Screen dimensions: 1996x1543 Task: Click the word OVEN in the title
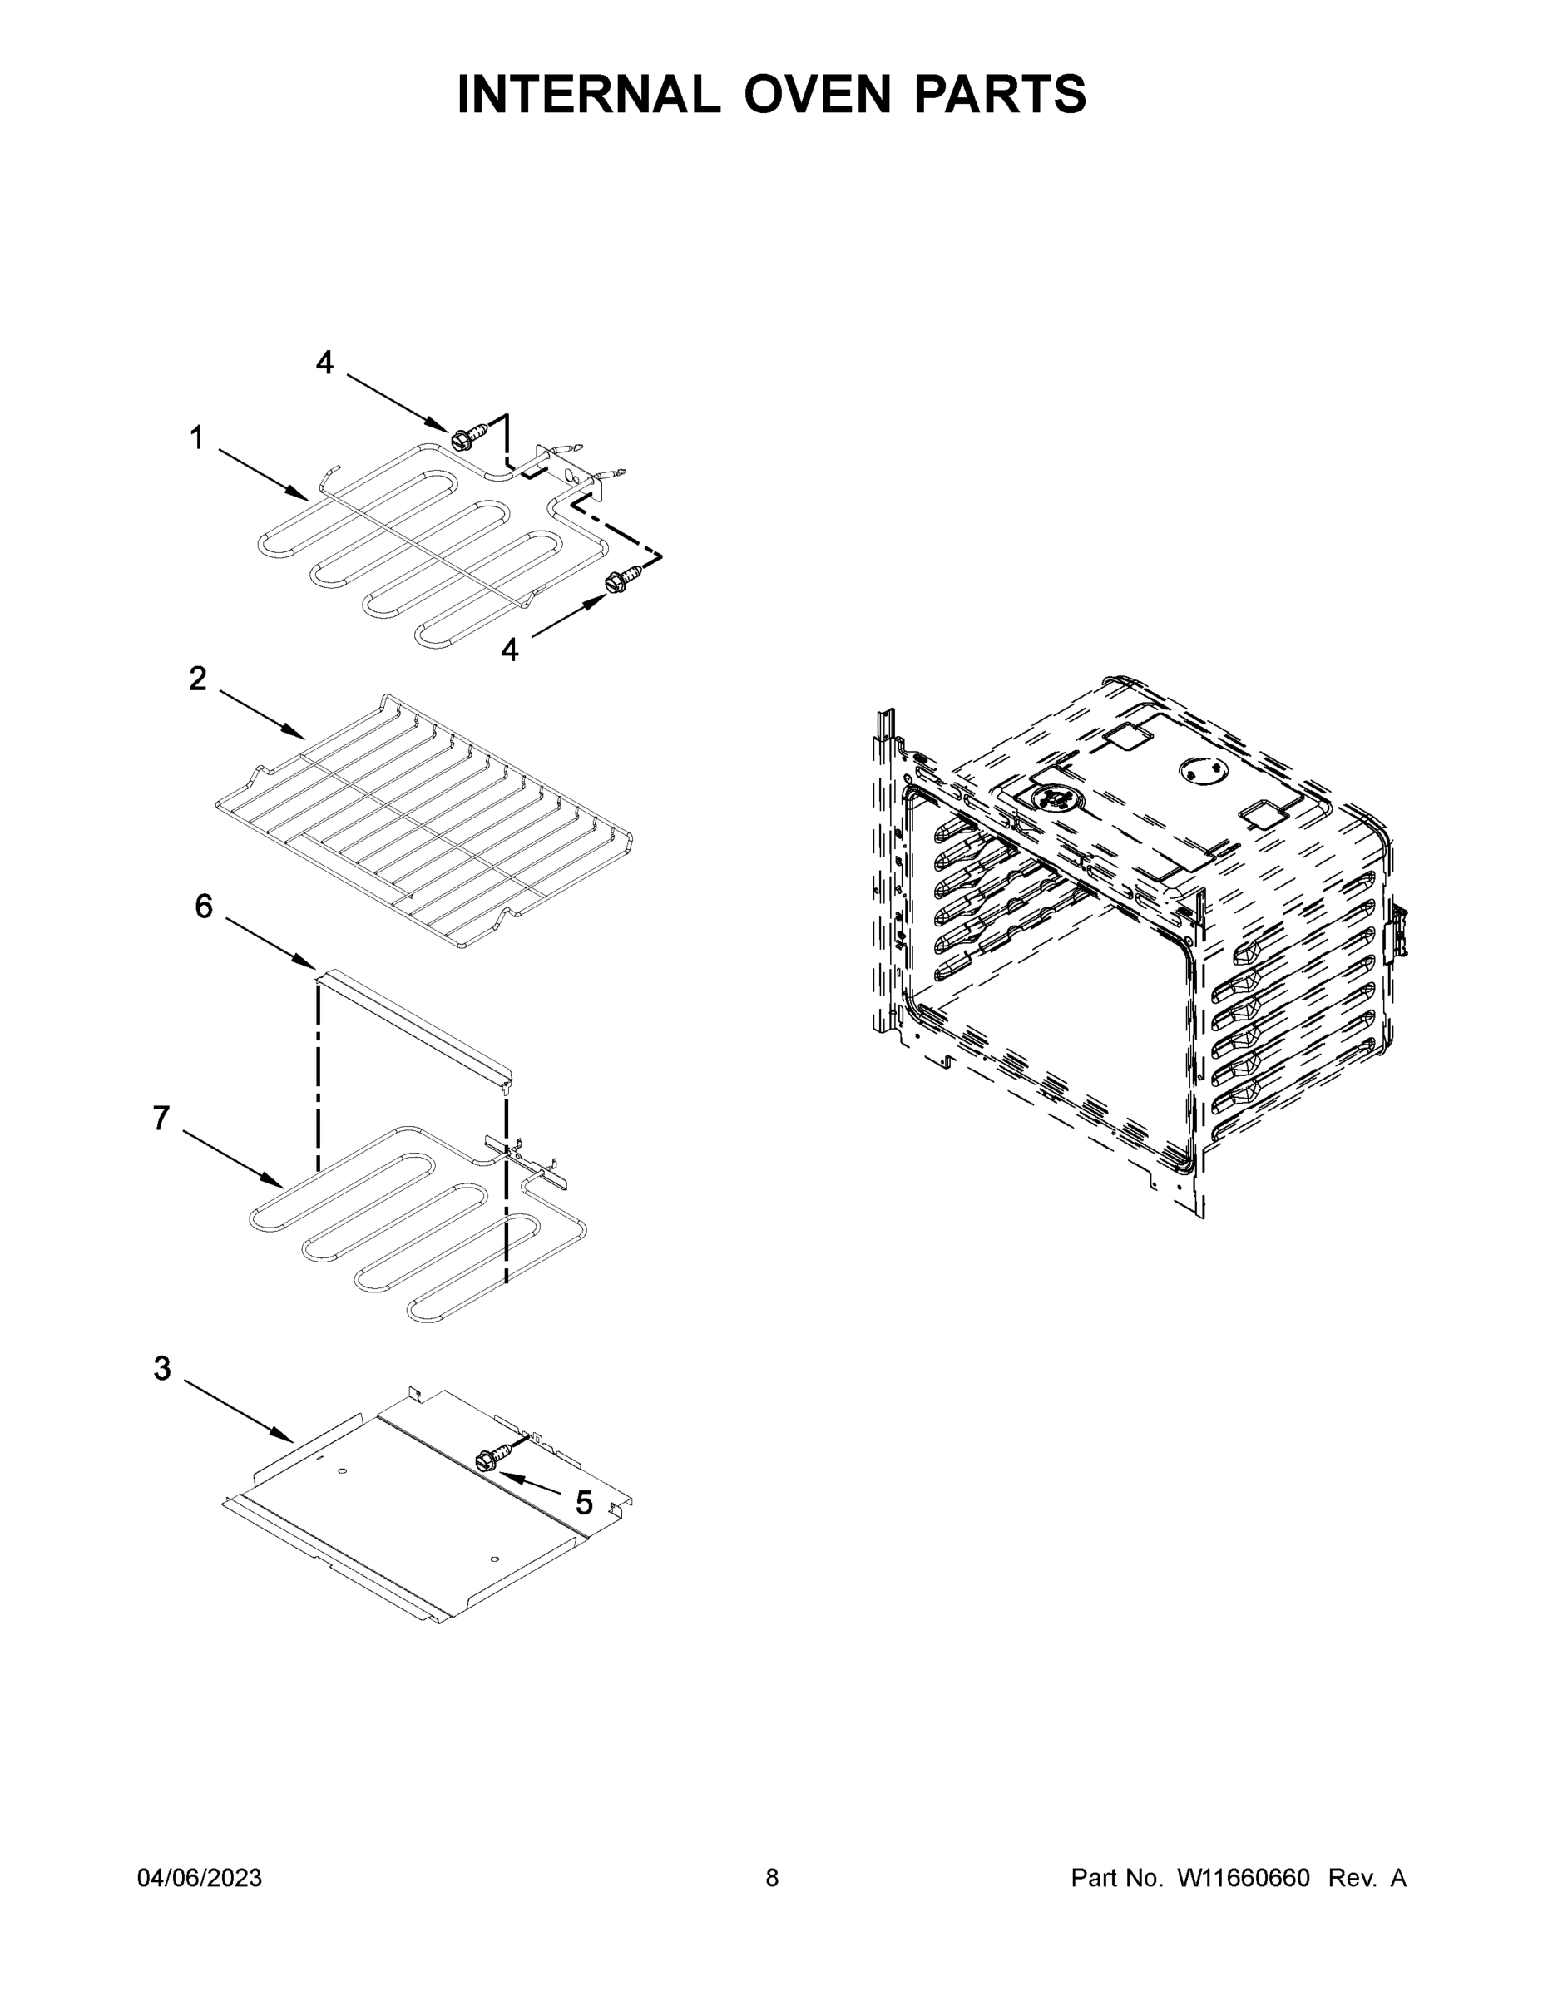pyautogui.click(x=816, y=94)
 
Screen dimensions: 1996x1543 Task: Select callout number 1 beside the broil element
pyautogui.click(x=196, y=438)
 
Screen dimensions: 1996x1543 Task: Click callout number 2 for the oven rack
pyautogui.click(x=197, y=679)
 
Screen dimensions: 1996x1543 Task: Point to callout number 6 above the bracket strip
pyautogui.click(x=203, y=907)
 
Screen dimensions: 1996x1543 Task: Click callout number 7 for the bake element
pyautogui.click(x=162, y=1118)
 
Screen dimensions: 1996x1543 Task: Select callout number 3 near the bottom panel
pyautogui.click(x=162, y=1368)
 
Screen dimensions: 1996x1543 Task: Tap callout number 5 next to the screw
pyautogui.click(x=583, y=1503)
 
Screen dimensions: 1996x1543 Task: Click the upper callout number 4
pyautogui.click(x=324, y=363)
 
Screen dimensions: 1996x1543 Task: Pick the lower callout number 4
pyautogui.click(x=509, y=650)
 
